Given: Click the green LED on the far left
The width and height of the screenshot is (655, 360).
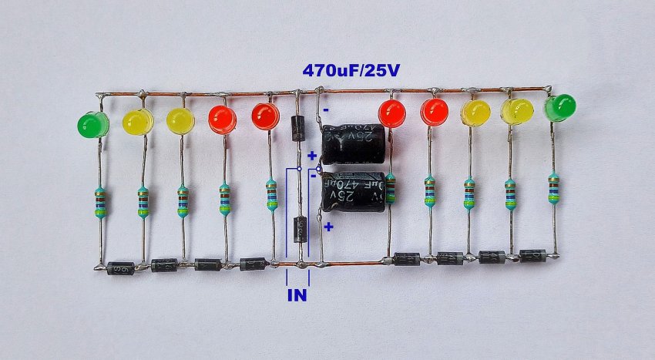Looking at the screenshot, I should pyautogui.click(x=93, y=125).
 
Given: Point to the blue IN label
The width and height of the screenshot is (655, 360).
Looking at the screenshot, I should pyautogui.click(x=297, y=294).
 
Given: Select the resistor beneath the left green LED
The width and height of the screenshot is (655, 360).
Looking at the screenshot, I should pyautogui.click(x=100, y=203).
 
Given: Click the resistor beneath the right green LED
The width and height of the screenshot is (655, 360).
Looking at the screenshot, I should pyautogui.click(x=553, y=188).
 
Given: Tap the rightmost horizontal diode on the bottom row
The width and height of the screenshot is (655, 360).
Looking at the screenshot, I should pyautogui.click(x=533, y=255).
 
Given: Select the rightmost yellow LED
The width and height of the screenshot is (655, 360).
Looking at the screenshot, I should pyautogui.click(x=518, y=111).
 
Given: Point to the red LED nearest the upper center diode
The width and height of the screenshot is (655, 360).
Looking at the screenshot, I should pyautogui.click(x=265, y=116).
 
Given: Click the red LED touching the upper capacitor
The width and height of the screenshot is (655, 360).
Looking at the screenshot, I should pyautogui.click(x=391, y=114).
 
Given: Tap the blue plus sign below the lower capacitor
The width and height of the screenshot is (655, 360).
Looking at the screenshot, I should pyautogui.click(x=328, y=227).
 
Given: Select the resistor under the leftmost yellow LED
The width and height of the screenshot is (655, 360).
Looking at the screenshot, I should pyautogui.click(x=143, y=203).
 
